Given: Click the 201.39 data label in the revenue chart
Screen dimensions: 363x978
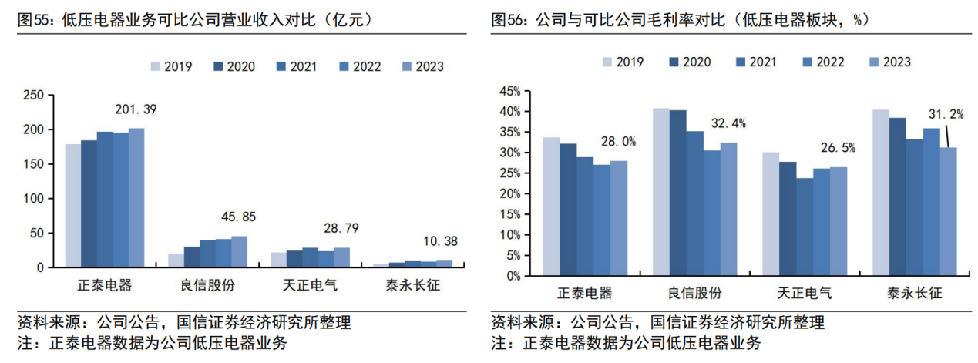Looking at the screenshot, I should point(135,110).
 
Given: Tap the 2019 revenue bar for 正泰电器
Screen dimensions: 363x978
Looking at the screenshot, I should point(72,205).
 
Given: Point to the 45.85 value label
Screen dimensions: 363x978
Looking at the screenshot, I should point(239,218).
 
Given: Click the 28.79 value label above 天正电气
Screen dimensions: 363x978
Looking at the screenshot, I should point(341,230).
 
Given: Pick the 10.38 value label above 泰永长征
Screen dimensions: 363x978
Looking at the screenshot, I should point(441,241).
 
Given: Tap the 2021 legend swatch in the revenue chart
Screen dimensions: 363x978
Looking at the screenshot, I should point(283,67).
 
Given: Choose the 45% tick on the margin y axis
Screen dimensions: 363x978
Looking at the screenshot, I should point(511,91).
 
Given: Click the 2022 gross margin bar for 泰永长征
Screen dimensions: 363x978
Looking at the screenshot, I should point(930,201).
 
